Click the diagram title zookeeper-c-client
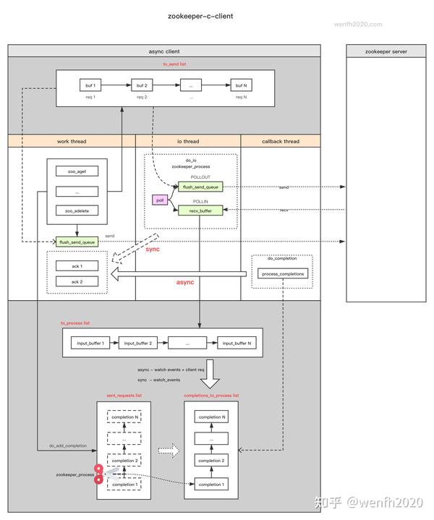[x=200, y=15]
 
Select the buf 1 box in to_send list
[x=90, y=86]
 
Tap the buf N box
[x=240, y=86]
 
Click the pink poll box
[x=161, y=199]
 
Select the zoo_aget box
[x=76, y=171]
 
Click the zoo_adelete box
[x=76, y=210]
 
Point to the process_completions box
[x=282, y=273]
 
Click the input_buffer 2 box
[x=137, y=344]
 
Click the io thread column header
[x=188, y=141]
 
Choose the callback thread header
[x=280, y=141]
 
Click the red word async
[x=185, y=282]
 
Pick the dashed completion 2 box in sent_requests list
[x=124, y=460]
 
